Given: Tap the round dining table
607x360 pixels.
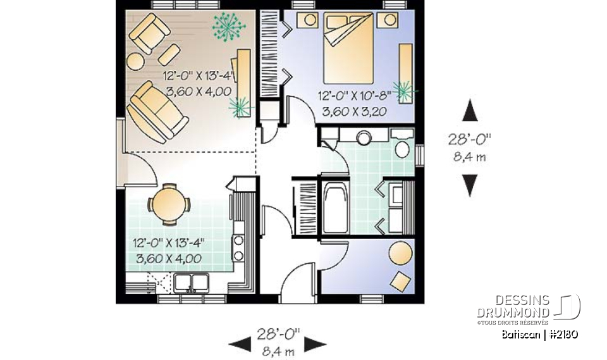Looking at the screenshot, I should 168,204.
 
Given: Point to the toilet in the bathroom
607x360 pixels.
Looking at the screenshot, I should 401,147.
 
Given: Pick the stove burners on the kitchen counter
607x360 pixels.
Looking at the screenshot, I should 239,247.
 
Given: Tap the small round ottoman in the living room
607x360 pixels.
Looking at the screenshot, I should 135,61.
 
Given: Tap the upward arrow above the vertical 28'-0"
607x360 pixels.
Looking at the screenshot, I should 469,110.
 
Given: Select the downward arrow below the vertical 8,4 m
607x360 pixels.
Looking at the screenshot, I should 469,185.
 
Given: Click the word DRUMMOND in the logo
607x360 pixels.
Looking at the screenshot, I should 513,313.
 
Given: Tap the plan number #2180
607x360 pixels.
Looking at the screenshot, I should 563,334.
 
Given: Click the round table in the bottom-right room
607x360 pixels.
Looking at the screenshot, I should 400,254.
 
